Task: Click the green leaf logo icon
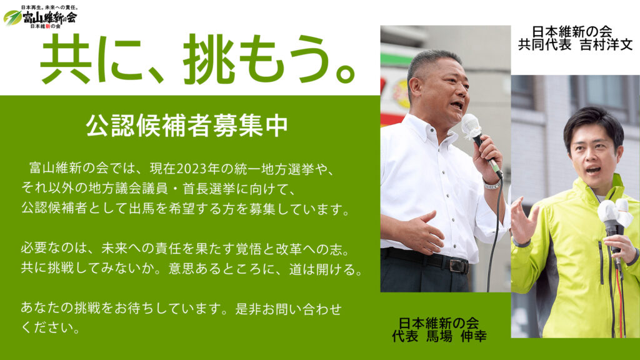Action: point(12,17)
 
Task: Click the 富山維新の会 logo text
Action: point(49,17)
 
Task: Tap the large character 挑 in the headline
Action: point(209,60)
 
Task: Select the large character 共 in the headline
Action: point(66,60)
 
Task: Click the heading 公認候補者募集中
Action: point(187,125)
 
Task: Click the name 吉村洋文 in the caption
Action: point(606,44)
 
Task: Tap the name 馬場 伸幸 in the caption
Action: point(456,336)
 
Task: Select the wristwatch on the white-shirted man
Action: point(492,184)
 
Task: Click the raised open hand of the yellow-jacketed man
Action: point(523,219)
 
